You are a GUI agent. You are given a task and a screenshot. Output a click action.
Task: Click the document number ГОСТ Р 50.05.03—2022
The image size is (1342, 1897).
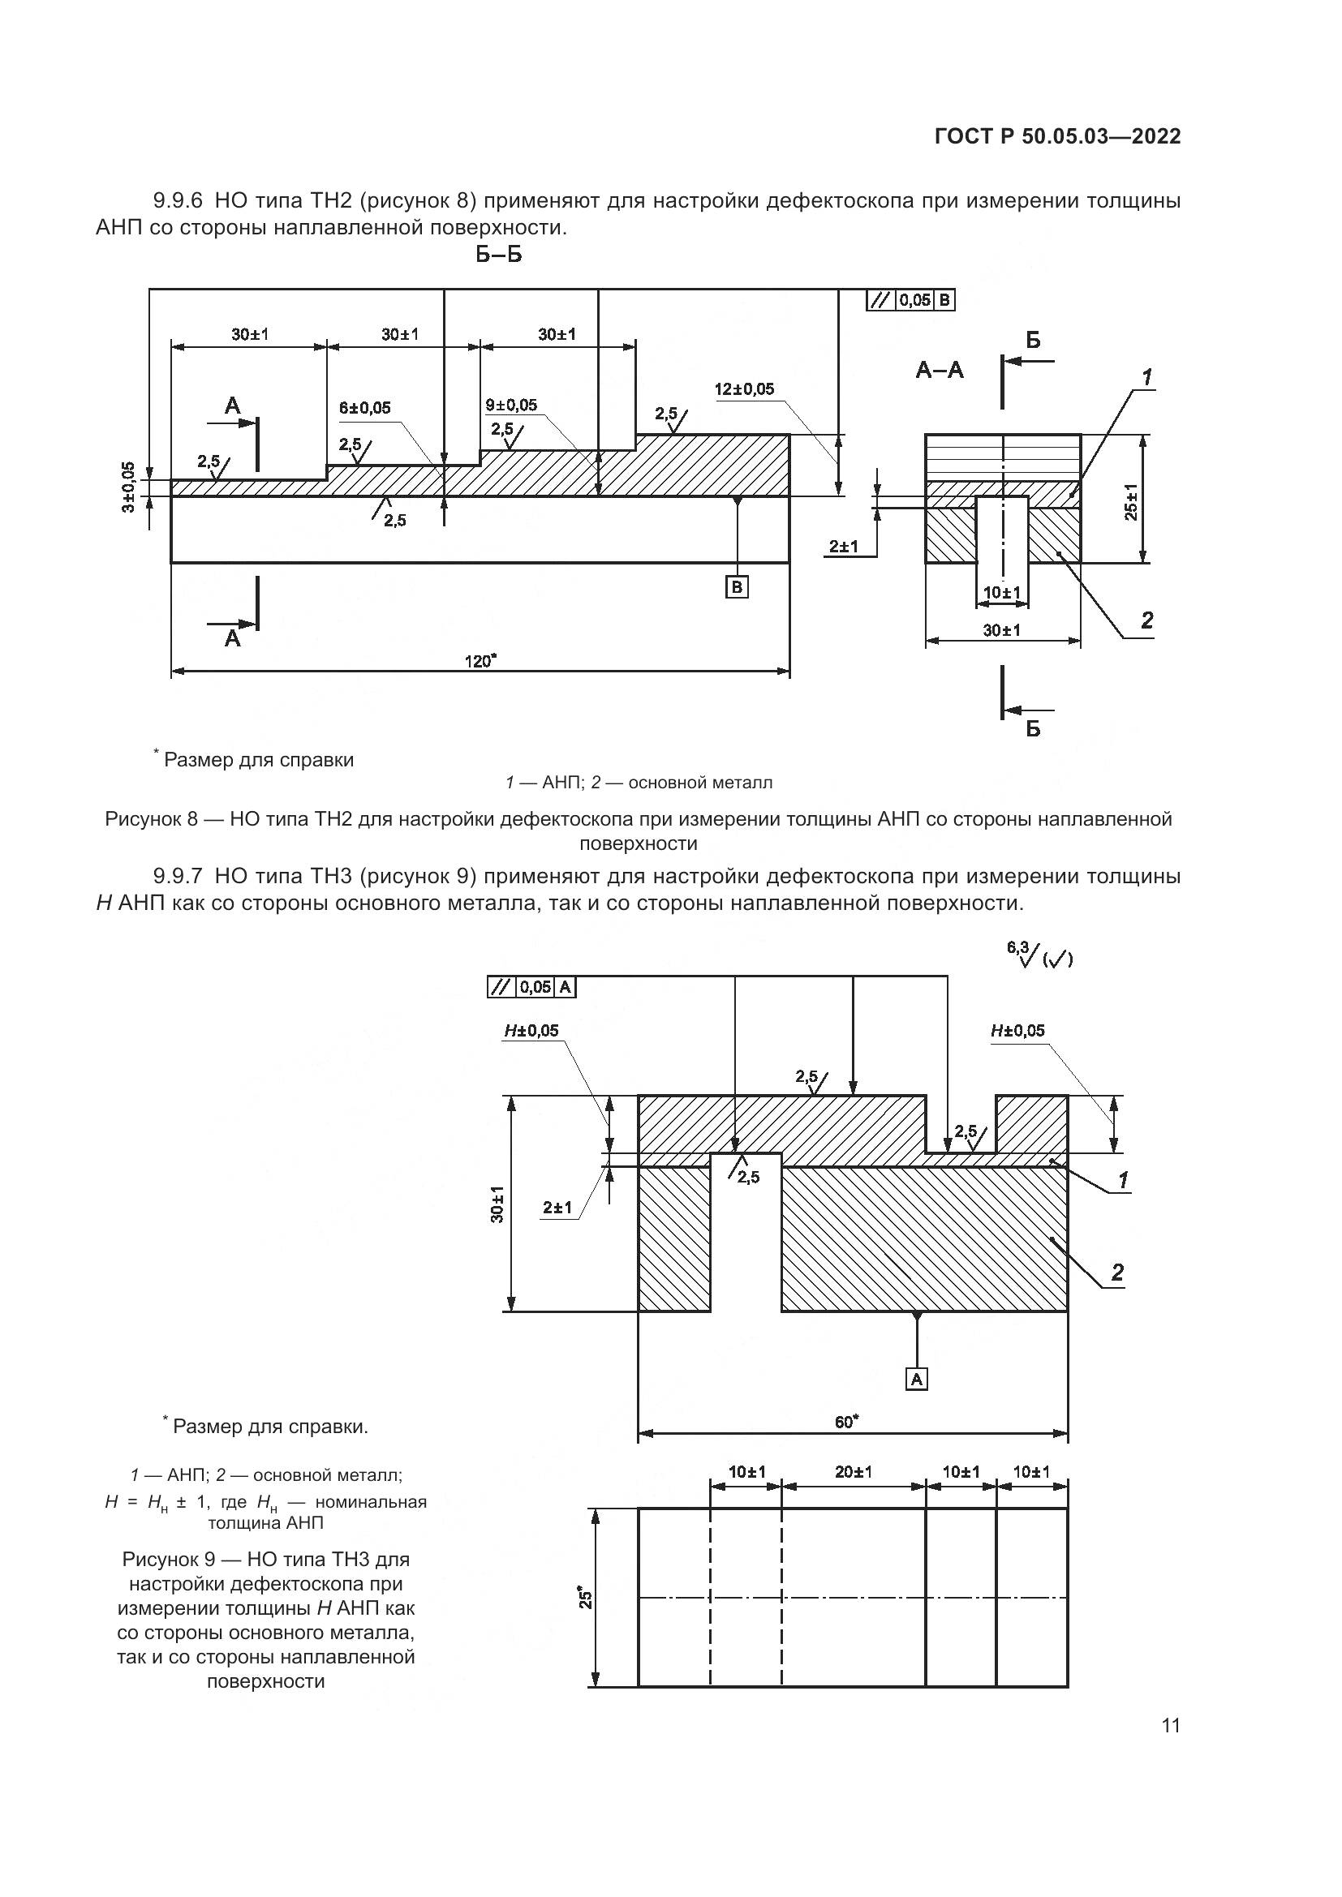tap(1057, 136)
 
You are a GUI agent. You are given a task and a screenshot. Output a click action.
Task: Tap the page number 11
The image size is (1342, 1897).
tap(1170, 1726)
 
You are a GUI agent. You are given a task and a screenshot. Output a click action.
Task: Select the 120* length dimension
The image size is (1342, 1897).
tap(480, 660)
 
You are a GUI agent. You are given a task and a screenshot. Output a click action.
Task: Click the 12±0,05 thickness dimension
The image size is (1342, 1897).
tap(744, 389)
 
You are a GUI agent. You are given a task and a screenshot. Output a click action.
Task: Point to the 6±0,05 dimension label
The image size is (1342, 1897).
tap(364, 407)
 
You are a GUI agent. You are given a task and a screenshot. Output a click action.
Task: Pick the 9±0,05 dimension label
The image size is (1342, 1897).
tap(510, 405)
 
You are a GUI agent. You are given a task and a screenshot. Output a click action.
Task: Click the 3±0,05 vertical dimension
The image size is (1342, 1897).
tap(128, 487)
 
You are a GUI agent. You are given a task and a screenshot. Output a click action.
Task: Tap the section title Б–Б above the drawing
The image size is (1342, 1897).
tap(498, 255)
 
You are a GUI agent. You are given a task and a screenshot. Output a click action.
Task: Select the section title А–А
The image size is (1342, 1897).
tap(940, 369)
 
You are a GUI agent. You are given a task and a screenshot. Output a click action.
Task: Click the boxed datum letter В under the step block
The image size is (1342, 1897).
tap(736, 586)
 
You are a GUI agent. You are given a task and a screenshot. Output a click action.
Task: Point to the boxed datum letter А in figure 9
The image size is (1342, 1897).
tap(916, 1378)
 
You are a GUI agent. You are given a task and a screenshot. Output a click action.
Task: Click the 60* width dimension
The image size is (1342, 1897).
tap(846, 1420)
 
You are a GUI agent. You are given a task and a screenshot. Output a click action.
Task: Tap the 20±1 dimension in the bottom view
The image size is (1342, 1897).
tap(853, 1471)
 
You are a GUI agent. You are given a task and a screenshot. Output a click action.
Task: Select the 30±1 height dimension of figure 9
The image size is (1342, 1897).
tap(496, 1204)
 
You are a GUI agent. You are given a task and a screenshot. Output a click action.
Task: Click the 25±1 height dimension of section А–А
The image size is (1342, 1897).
tap(1130, 501)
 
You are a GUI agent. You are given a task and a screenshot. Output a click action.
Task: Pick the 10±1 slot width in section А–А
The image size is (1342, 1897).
tap(1001, 592)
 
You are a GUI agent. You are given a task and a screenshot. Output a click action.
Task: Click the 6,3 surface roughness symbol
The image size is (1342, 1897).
tap(1039, 956)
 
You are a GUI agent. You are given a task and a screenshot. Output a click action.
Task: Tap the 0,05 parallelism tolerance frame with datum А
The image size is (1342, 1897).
tap(532, 986)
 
